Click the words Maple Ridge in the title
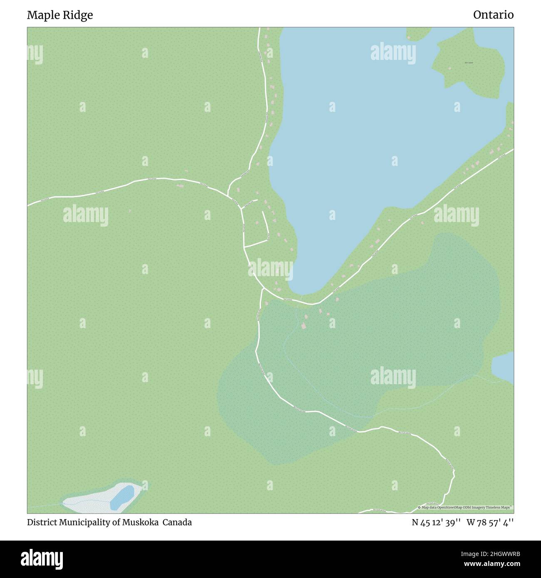point(60,15)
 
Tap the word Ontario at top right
point(493,15)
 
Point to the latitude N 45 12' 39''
point(436,522)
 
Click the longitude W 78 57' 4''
point(490,522)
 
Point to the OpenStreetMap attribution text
point(465,507)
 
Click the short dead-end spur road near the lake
point(265,225)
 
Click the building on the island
point(449,68)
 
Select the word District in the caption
point(40,522)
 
